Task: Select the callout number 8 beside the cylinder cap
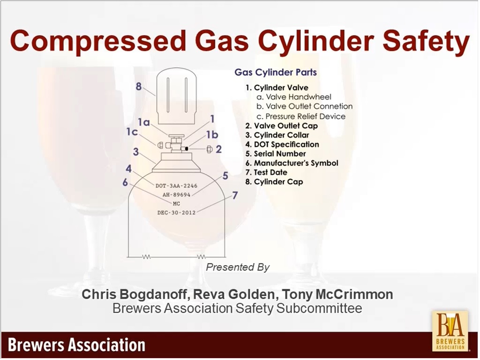[x=138, y=86]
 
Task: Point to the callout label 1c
[x=132, y=133]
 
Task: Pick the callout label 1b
[x=213, y=135]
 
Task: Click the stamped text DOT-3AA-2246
[x=176, y=186]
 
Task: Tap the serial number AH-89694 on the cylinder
[x=176, y=195]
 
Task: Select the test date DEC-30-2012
[x=176, y=212]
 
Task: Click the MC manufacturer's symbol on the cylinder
[x=176, y=204]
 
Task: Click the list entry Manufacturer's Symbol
[x=296, y=163]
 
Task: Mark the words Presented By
[x=238, y=267]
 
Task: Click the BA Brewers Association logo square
[x=450, y=330]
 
